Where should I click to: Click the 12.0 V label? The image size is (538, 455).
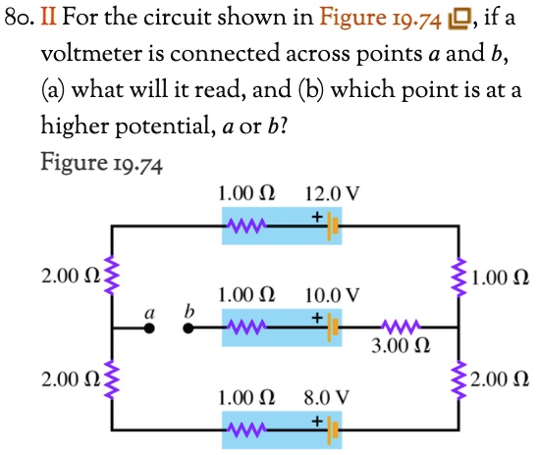point(332,194)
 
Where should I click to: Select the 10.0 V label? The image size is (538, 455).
point(332,294)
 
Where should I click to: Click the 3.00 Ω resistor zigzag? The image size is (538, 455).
point(401,328)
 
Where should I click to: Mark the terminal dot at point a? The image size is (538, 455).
point(152,329)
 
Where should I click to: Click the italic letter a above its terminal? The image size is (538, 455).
point(151,311)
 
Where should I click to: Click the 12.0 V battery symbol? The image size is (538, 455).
point(333,227)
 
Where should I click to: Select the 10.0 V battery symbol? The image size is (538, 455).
point(333,328)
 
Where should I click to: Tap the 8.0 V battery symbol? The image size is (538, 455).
point(333,430)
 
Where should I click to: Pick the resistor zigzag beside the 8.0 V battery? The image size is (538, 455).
point(245,430)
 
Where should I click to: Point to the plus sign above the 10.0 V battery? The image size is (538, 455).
point(317,316)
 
